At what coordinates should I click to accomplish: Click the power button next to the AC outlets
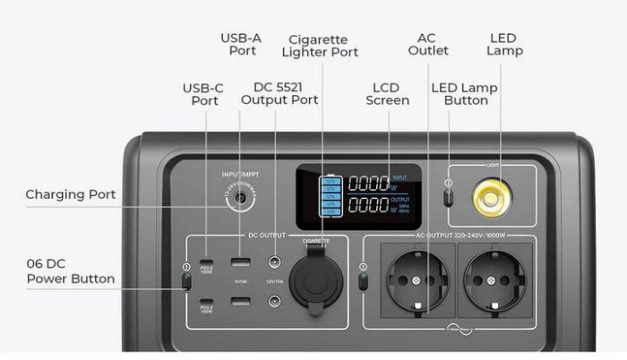pos(365,283)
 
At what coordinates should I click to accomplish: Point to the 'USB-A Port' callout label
pos(242,45)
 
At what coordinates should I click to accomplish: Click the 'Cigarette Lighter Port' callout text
pos(320,46)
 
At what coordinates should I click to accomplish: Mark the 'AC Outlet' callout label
pos(428,45)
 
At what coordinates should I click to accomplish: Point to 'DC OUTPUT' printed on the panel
pos(267,236)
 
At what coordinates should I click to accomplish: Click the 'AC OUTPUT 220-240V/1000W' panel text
pos(461,236)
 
